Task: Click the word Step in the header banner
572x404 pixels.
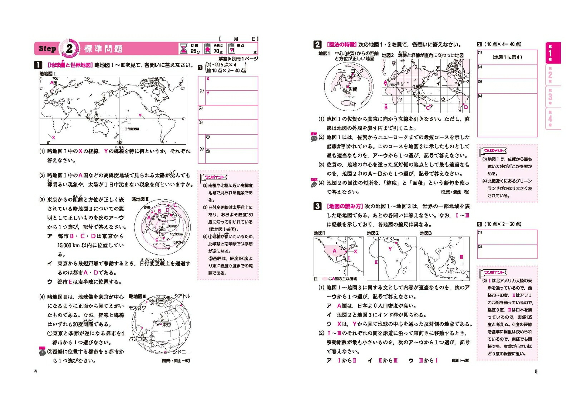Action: click(x=48, y=49)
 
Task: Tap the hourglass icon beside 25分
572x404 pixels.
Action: click(x=184, y=49)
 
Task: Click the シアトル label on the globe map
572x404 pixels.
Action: click(x=182, y=296)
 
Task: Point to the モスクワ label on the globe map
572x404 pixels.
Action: click(x=137, y=308)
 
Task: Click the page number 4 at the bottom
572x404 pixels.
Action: click(x=35, y=371)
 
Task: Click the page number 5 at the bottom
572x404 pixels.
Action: click(x=536, y=371)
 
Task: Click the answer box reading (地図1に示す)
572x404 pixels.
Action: click(x=507, y=57)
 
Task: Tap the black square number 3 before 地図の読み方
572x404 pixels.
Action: click(x=317, y=206)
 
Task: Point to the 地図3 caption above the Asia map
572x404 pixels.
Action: click(x=426, y=233)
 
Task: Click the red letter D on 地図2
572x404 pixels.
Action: click(x=466, y=107)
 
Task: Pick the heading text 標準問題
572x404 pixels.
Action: click(x=103, y=49)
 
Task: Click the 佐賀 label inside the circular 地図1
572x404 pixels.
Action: click(x=352, y=89)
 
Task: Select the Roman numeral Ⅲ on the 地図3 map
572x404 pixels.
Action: click(x=461, y=257)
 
